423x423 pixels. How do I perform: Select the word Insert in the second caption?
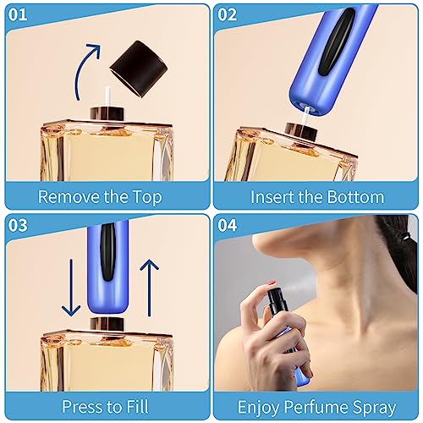click(273, 197)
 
